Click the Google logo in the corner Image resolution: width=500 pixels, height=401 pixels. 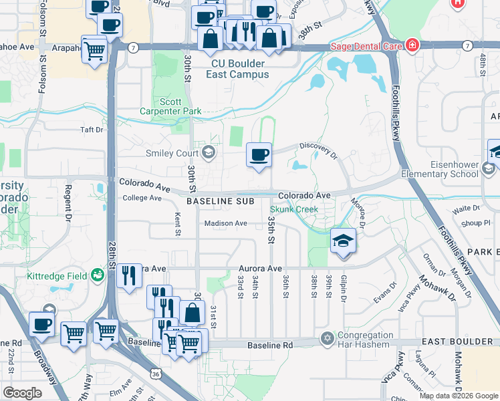[22, 393]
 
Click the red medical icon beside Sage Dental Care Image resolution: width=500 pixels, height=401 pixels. [412, 45]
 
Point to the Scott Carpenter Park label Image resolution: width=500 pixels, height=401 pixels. [170, 106]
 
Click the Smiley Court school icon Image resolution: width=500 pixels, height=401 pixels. [209, 152]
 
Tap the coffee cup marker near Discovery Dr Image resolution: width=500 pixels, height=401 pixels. [259, 156]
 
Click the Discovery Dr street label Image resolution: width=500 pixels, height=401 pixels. [318, 149]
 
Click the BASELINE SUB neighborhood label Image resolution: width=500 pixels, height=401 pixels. [217, 200]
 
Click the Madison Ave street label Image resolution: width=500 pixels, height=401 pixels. [225, 223]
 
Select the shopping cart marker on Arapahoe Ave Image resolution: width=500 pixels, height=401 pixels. [94, 49]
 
